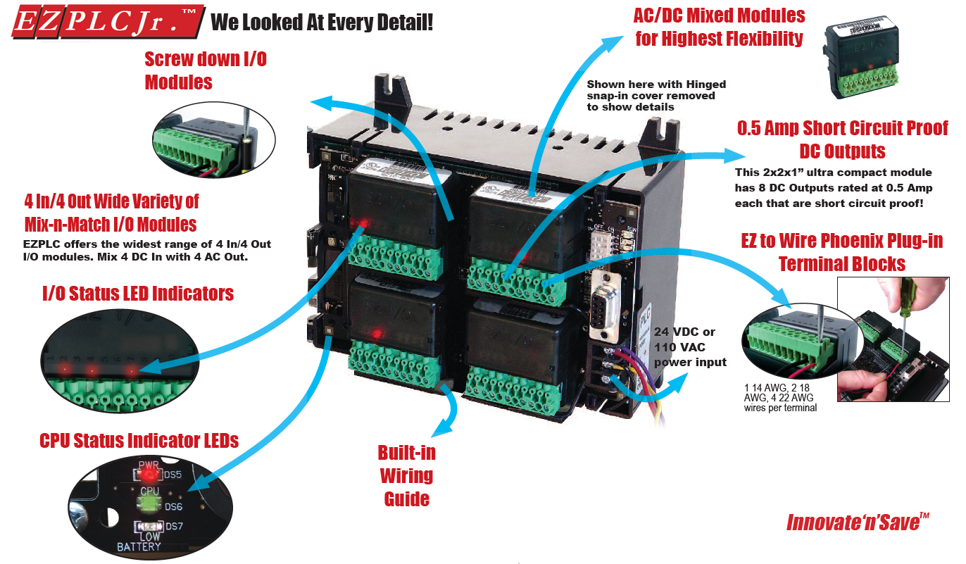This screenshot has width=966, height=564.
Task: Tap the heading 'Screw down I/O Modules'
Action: pos(205,70)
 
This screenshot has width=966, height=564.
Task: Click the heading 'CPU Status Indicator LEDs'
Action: pos(139,441)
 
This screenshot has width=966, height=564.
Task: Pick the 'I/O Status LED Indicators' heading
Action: pos(138,292)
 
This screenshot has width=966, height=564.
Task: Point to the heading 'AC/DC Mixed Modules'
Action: pos(720,15)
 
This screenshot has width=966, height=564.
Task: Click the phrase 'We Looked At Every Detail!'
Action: pos(322,23)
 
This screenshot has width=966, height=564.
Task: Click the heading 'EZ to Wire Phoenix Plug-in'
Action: pos(841,242)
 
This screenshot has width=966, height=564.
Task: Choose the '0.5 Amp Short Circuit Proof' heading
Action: pos(842,128)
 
